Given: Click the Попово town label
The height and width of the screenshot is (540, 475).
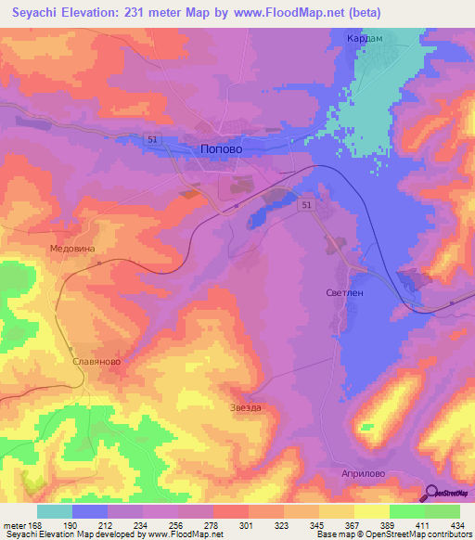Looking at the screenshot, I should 221,148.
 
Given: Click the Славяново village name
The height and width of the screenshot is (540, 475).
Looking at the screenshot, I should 96,362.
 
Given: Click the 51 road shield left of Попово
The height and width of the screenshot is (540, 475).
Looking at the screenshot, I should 152,138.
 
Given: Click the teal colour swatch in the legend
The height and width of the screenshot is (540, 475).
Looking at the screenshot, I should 55,511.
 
